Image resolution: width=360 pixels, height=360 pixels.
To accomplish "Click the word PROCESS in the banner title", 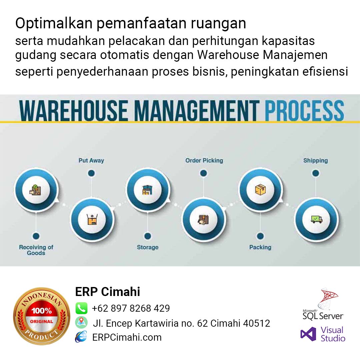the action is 304,110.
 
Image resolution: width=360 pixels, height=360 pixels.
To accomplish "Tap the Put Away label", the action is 91,160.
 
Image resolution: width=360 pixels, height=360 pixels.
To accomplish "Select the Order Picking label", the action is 204,160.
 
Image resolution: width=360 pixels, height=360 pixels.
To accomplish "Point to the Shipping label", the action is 315,160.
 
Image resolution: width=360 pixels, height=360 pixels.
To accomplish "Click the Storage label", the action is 148,247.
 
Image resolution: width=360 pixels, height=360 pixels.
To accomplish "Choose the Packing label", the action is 260,247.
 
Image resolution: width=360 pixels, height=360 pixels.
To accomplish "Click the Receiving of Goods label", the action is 36,250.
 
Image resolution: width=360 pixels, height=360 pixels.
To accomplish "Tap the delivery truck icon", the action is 316,219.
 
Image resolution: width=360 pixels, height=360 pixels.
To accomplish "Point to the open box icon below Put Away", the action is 92,219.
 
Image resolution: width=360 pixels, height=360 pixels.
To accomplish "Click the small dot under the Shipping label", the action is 316,173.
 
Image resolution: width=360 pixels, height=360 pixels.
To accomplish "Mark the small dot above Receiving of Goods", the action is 36,236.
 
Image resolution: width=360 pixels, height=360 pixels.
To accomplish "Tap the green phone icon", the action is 82,308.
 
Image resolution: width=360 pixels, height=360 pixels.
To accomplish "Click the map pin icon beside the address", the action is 81,322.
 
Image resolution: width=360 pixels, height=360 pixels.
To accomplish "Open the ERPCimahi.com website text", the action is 127,337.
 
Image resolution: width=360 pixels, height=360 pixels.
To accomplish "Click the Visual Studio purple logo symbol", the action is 308,334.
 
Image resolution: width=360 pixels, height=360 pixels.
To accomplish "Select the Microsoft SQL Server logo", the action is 323,304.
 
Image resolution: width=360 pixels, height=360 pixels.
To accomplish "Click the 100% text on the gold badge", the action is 42,311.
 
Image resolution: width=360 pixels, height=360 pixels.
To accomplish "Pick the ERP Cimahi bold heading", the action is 108,292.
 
